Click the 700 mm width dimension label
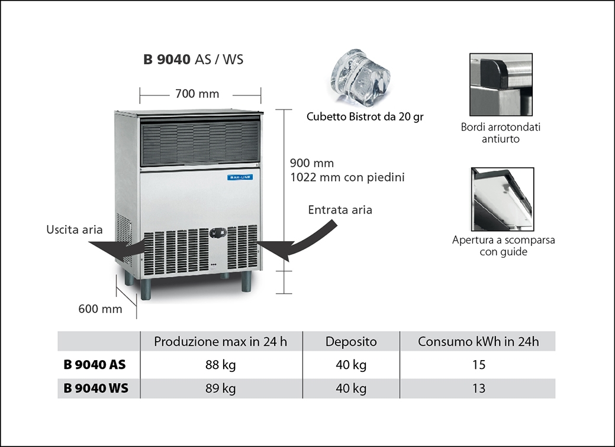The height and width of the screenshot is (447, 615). click(x=197, y=93)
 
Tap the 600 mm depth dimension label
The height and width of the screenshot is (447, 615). click(x=100, y=308)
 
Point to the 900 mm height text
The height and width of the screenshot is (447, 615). click(x=312, y=163)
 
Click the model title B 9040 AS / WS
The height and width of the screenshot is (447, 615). click(x=193, y=59)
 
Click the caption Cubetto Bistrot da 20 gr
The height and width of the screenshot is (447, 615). click(x=365, y=116)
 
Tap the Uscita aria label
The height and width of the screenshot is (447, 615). click(x=75, y=230)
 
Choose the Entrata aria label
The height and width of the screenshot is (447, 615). click(x=340, y=210)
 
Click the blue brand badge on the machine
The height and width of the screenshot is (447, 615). click(x=240, y=176)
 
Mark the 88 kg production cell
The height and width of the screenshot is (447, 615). click(x=220, y=365)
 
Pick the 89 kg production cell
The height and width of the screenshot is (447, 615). click(x=220, y=388)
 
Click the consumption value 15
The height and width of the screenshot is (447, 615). click(x=479, y=365)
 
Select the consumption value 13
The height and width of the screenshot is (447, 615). click(x=479, y=388)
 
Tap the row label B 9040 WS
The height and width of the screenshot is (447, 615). click(x=95, y=388)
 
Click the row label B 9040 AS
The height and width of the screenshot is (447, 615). click(x=95, y=365)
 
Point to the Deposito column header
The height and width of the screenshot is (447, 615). click(x=351, y=342)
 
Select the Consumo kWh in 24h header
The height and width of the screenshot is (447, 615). click(x=478, y=342)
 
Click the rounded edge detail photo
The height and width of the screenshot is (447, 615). click(x=501, y=84)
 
